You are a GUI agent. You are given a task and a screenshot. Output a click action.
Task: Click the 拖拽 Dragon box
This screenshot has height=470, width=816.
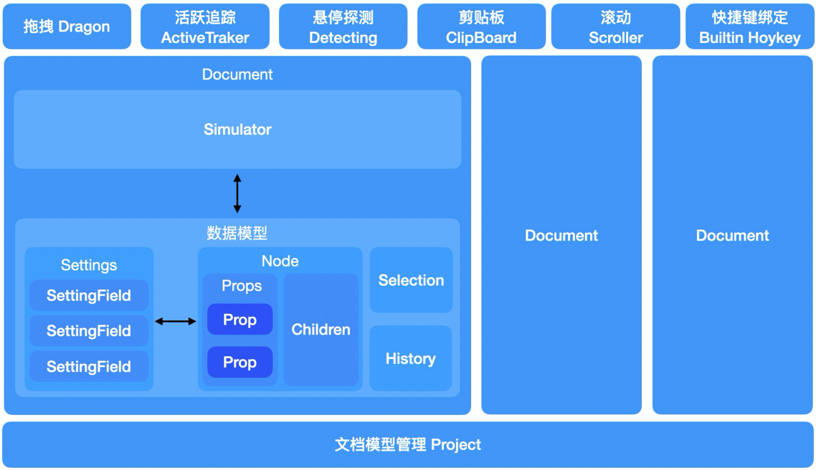coord(66,27)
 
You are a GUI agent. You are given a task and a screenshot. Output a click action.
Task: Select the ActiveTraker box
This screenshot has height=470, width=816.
coord(205,27)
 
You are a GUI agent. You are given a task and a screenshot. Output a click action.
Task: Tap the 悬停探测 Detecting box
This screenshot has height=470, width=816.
coord(343,27)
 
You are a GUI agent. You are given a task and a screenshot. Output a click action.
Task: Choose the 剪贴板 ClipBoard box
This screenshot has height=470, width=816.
coord(481,27)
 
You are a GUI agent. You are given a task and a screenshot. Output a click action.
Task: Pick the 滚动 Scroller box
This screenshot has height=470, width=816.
coord(616,27)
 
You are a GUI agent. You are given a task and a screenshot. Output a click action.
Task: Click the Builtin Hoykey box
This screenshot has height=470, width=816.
coord(750,27)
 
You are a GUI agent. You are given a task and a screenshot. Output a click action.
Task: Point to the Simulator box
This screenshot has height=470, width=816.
coord(237,129)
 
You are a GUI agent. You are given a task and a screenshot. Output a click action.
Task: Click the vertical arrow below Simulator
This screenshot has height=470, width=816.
coord(237,193)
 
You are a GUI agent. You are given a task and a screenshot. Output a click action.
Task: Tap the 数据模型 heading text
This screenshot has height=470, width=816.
coord(237,233)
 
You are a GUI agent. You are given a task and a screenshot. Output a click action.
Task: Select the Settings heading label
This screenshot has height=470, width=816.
coord(89,265)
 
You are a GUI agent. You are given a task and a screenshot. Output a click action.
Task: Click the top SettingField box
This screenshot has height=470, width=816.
coord(89,295)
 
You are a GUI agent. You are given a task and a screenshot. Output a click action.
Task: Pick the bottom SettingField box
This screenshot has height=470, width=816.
coord(89,366)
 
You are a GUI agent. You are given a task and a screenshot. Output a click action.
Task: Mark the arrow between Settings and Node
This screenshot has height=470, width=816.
coord(175,321)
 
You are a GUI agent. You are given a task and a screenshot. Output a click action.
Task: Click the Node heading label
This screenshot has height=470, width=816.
coord(280,261)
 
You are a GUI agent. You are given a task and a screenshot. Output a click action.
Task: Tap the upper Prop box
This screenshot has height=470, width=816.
coord(240,319)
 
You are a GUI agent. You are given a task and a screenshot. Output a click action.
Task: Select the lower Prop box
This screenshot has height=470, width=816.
coord(240,362)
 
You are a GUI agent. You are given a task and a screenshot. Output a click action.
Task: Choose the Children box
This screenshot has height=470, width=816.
coord(321,330)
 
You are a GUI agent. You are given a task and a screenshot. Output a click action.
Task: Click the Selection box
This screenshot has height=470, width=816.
coord(411,280)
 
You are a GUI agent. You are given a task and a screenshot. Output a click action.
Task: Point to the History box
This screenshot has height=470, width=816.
coord(411,358)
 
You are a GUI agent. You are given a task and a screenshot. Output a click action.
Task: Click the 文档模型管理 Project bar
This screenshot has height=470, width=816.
coord(408,444)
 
